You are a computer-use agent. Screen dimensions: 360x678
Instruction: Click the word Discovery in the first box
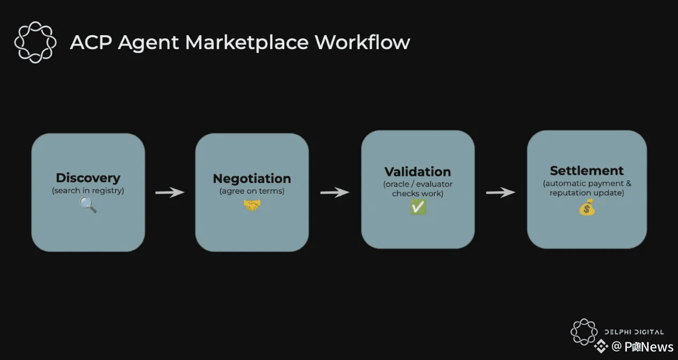(88, 178)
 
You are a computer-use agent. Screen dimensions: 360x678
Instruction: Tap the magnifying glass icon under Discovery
(88, 204)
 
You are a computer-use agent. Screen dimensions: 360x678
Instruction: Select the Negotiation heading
(252, 178)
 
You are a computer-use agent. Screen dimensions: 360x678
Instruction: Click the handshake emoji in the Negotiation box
(252, 204)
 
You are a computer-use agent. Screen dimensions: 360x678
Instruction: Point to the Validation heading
(418, 172)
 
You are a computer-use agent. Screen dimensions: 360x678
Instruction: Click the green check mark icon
(418, 207)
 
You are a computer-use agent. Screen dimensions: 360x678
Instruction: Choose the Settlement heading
(587, 171)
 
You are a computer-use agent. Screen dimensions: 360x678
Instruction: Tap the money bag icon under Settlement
(587, 207)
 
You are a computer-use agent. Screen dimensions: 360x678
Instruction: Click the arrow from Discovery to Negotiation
(170, 192)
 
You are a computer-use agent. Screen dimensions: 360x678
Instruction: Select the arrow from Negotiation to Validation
(334, 192)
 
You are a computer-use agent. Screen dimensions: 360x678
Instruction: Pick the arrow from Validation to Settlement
(500, 192)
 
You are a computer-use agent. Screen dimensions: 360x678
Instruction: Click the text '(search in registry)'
(88, 190)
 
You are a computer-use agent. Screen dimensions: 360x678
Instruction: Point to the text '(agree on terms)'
(252, 191)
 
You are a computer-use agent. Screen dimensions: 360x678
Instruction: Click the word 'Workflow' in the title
(362, 42)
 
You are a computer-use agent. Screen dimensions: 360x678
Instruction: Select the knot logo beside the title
(35, 42)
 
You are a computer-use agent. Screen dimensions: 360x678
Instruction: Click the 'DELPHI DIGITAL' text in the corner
(634, 332)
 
